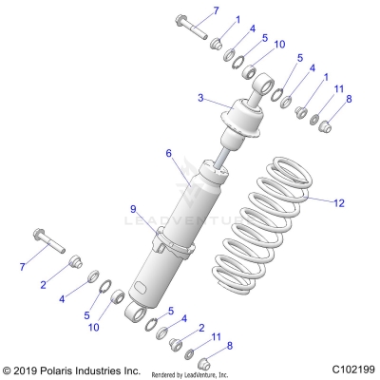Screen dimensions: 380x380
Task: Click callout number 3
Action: point(200,97)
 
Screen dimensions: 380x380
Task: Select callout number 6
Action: point(168,153)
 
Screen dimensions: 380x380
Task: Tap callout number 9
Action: point(134,208)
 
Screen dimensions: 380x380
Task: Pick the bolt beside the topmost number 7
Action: point(190,27)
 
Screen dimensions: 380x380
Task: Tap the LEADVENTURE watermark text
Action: point(190,221)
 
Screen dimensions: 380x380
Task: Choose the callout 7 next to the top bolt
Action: point(216,10)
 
